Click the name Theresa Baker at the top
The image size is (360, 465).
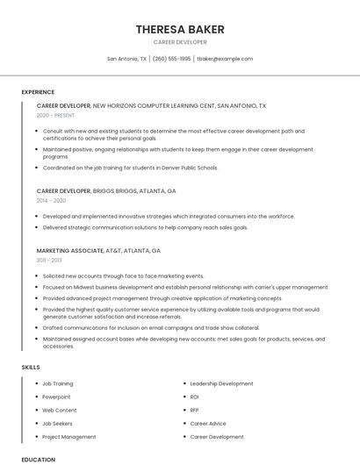pos(180,29)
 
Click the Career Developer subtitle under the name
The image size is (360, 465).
pos(180,42)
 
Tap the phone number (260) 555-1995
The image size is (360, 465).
pos(171,59)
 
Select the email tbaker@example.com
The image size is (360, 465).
pos(225,59)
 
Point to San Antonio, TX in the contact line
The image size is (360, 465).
pos(126,59)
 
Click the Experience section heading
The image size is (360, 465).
pos(38,91)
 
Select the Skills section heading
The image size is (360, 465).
pos(31,367)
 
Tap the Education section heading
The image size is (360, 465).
pos(39,459)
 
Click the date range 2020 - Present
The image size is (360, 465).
pos(56,115)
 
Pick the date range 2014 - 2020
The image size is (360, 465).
pos(51,200)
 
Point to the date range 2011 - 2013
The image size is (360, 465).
pos(49,261)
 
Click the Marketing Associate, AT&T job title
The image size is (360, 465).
pos(98,251)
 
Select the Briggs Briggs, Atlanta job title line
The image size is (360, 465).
pos(106,190)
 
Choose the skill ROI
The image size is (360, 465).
pos(195,397)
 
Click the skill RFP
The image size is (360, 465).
pos(195,410)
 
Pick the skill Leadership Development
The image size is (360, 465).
pos(221,383)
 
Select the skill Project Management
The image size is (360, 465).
pos(69,437)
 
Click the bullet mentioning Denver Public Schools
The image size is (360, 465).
pos(130,168)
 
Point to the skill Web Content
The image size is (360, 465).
pos(60,410)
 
